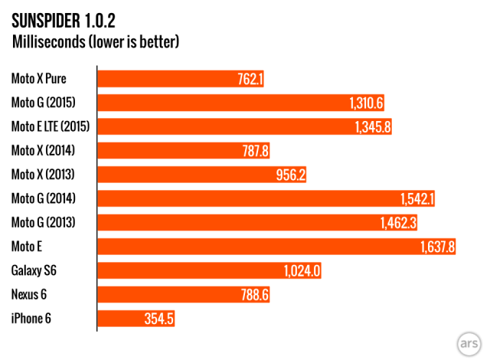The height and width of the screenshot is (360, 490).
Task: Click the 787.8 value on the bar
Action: click(253, 151)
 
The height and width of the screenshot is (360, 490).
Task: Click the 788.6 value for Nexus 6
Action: click(253, 296)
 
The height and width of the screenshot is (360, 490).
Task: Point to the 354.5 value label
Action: click(158, 319)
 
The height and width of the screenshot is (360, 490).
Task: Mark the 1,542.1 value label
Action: click(417, 199)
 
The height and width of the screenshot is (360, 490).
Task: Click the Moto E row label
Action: click(26, 247)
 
